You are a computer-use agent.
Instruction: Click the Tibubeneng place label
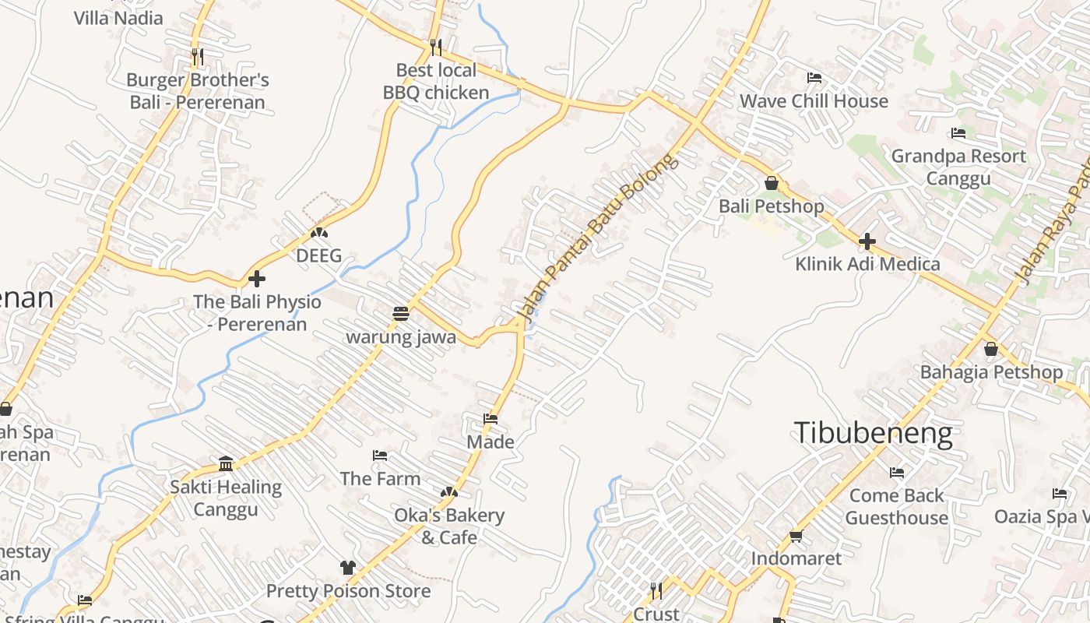873,433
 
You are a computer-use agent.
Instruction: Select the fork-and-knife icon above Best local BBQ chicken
436,48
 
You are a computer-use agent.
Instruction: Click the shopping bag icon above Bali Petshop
772,183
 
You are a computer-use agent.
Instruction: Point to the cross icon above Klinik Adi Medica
867,241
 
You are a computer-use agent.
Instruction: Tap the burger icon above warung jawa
401,314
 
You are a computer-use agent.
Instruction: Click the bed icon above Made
490,419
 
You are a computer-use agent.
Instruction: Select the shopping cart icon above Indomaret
796,536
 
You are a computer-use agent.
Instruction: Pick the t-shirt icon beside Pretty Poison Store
348,568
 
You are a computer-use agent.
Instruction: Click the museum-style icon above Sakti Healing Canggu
226,464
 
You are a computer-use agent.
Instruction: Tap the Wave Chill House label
814,101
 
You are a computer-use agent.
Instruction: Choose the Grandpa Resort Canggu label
958,167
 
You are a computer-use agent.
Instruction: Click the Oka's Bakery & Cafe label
449,526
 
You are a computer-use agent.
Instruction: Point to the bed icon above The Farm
380,456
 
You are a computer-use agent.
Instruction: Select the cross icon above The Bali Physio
257,279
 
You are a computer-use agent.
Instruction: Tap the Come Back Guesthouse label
897,506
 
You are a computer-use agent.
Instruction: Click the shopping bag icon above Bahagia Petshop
991,349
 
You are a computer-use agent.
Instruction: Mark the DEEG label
318,255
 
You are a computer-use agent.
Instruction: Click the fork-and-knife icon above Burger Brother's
198,56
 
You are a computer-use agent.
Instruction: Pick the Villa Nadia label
118,18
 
